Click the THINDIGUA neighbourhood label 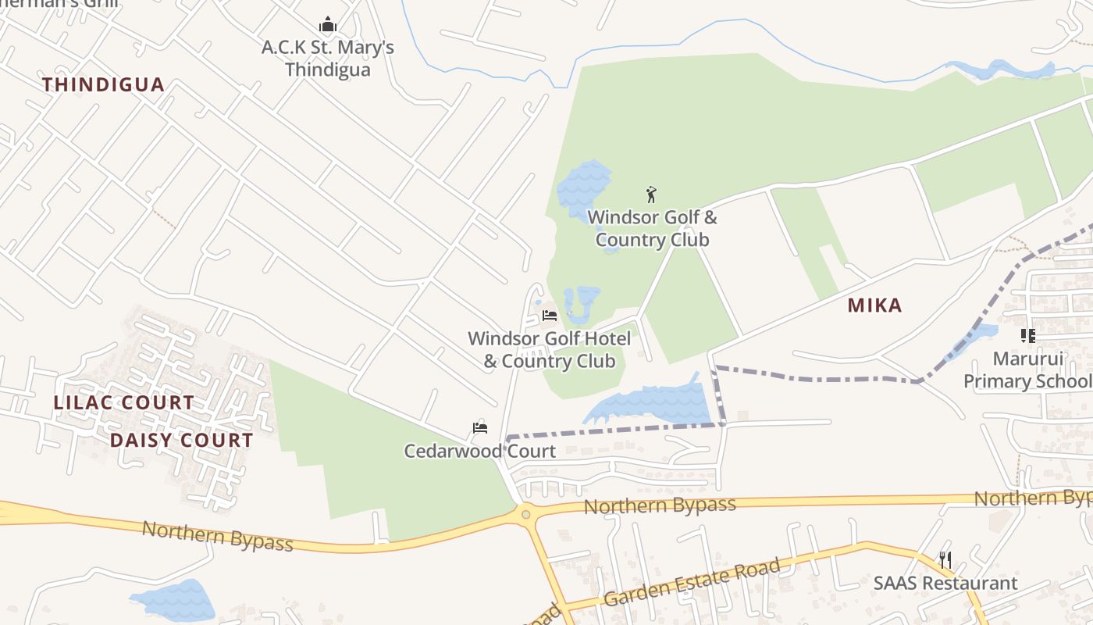[x=103, y=84]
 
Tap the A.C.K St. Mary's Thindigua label [x=328, y=59]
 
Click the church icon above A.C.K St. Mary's [x=328, y=25]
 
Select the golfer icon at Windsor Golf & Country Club [x=651, y=195]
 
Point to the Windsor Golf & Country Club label [x=652, y=228]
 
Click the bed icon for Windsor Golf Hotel [x=550, y=316]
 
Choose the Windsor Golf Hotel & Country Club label [x=550, y=350]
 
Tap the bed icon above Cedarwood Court [x=480, y=428]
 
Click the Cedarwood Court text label [x=479, y=451]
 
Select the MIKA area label [x=874, y=305]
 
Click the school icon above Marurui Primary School [x=1027, y=336]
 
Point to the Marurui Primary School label [x=1027, y=370]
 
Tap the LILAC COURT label [x=123, y=403]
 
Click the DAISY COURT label [x=181, y=441]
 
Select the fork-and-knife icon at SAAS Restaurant [x=945, y=559]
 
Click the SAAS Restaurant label [x=945, y=584]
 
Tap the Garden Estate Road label [x=692, y=584]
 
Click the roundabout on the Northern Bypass [x=525, y=514]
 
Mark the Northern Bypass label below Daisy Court [x=217, y=535]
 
